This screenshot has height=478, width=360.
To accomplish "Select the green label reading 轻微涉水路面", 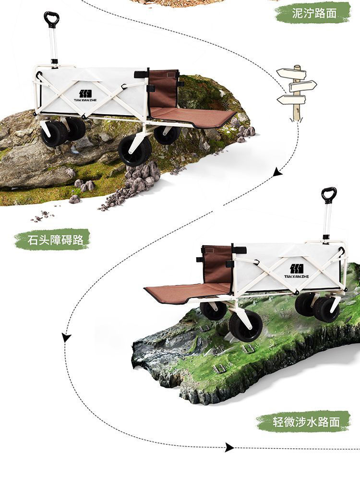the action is [304, 421].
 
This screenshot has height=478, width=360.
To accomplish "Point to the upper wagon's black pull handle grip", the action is [51, 19].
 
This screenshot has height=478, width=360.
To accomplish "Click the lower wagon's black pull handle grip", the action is [329, 194].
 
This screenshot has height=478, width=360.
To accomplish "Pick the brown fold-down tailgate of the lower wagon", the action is [188, 292].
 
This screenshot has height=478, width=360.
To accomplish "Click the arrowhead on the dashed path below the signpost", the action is [277, 172].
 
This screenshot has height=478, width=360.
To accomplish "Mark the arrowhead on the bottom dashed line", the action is [229, 447].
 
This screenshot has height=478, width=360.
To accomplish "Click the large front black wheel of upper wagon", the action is [135, 150].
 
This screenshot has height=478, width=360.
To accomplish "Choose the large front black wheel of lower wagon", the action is [246, 326].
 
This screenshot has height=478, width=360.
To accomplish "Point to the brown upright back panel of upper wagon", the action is [163, 89].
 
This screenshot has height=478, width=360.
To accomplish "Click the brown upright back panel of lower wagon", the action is [216, 265].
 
